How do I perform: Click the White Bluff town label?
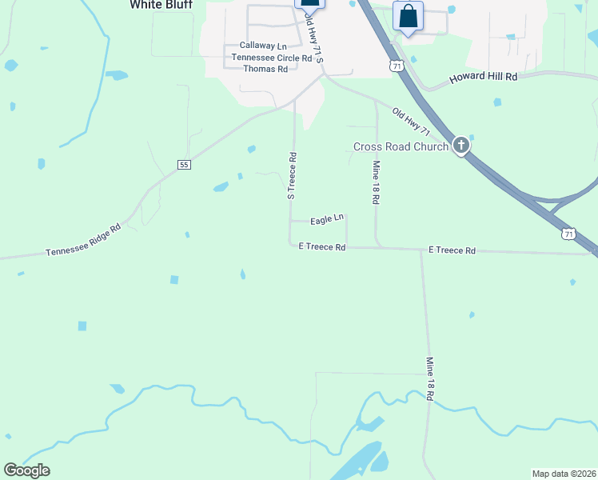[161, 5]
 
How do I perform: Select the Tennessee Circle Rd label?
[271, 58]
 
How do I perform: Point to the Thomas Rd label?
[265, 70]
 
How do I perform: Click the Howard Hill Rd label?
[484, 77]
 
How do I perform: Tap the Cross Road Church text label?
[401, 146]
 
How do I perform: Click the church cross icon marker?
[461, 146]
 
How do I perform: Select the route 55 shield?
[185, 165]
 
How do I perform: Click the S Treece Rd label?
[292, 175]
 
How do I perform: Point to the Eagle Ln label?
[326, 218]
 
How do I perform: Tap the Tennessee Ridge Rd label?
[83, 240]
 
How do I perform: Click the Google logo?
[26, 470]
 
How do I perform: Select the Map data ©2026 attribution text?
[563, 474]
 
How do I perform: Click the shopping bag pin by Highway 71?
[408, 17]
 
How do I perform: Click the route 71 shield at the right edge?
[568, 234]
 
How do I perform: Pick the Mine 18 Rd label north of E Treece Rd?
[376, 182]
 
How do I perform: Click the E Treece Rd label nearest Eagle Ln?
[321, 248]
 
